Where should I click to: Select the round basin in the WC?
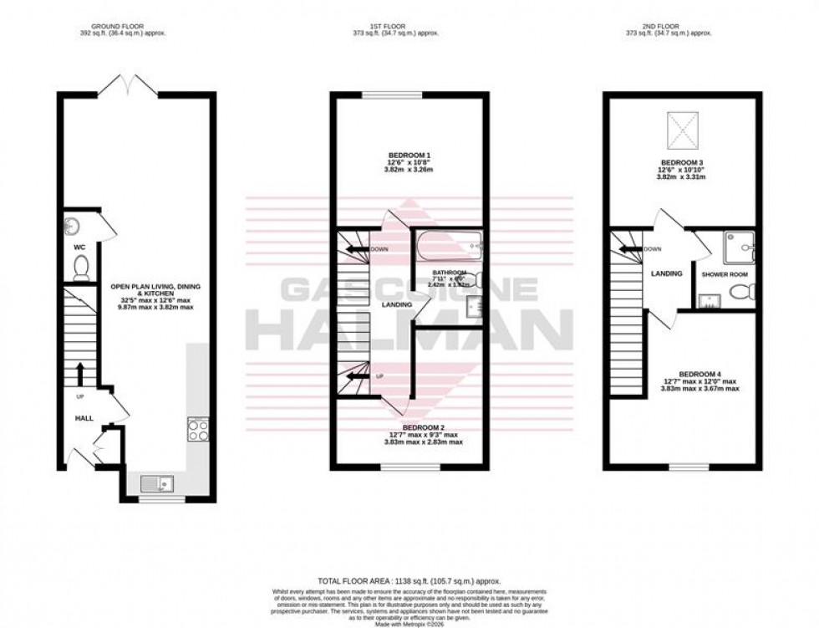71,226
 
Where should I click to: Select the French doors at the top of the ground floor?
124,84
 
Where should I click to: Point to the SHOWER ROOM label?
725,273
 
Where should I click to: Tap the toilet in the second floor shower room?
742,292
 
